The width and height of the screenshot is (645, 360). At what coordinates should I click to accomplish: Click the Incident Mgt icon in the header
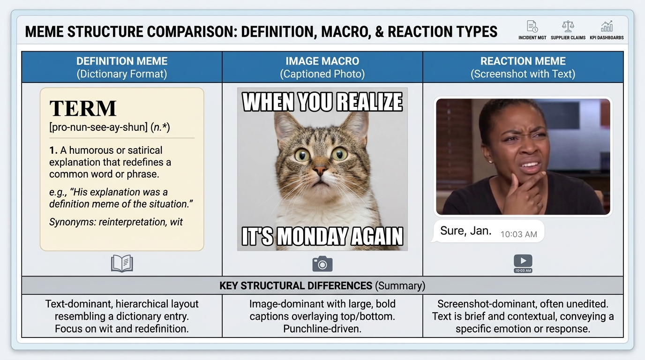point(532,27)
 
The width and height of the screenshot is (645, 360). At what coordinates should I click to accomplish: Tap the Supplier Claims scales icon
point(568,27)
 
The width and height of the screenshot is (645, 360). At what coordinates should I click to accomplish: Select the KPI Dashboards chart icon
point(607,27)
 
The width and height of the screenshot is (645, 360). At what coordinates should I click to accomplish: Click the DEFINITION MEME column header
point(122,67)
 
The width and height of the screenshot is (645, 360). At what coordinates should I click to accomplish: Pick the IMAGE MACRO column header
point(322,67)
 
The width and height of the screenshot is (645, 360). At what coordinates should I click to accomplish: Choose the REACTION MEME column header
point(523,67)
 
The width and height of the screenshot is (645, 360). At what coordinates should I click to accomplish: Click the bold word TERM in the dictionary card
point(83,109)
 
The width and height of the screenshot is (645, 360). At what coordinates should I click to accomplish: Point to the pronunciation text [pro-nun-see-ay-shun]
point(98,127)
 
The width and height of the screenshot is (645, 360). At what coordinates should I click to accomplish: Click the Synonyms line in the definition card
point(116,222)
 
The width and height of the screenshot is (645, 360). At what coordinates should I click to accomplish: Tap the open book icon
point(122,263)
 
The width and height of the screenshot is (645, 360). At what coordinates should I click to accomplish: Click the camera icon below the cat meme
point(322,263)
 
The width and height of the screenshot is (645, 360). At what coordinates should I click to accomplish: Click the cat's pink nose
point(321,170)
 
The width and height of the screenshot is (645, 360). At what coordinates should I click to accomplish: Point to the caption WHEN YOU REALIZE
point(322,102)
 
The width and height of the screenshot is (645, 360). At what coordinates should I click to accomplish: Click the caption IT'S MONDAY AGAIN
point(322,236)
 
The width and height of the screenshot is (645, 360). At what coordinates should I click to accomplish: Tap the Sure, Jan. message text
point(465,231)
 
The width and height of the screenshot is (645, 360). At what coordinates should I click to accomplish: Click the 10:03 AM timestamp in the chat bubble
point(518,234)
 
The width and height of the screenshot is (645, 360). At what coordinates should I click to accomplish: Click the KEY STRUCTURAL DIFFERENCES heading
point(295,285)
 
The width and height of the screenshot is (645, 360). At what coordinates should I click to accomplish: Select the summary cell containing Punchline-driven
point(322,316)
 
